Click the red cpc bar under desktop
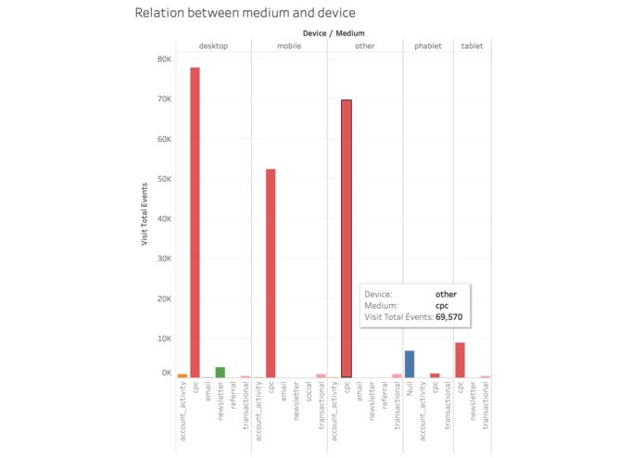195,223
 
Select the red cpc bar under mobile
271,274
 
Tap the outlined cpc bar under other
347,238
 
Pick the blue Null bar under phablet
410,364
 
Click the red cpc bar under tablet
460,360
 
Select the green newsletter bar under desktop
221,372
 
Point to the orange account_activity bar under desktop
183,375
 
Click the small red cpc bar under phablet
435,375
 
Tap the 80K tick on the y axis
164,59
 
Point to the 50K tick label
164,179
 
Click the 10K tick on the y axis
164,338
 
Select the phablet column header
428,46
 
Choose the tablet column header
472,46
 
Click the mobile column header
289,46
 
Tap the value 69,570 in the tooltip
448,317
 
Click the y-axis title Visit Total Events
145,214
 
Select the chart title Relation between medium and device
246,13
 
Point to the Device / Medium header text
334,33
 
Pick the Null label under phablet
410,388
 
